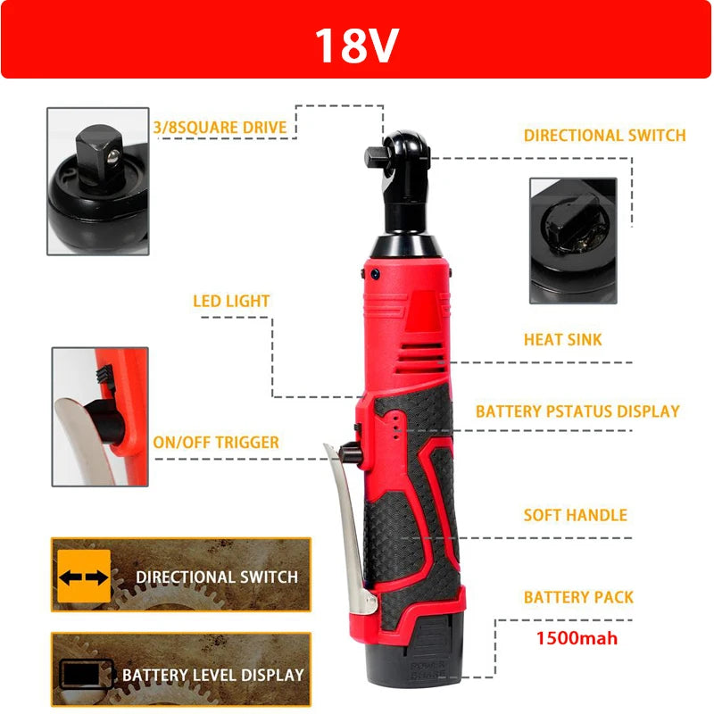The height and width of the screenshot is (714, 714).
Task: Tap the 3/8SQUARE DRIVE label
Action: pos(220,128)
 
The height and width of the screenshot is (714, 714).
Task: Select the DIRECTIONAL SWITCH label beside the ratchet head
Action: pos(604,136)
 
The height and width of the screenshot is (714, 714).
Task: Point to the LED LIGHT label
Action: pos(231,301)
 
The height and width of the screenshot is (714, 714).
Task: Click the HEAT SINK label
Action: pos(562,340)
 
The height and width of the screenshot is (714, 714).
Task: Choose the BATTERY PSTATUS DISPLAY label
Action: pos(577,411)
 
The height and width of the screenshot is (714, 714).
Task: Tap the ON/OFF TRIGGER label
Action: pos(216,443)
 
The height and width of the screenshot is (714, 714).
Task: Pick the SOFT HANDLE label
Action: pos(575,515)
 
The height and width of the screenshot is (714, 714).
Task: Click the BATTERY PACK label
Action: pos(578,597)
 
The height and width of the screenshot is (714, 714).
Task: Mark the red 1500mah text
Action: pos(577,638)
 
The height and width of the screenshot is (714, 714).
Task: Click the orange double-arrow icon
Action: pos(84,577)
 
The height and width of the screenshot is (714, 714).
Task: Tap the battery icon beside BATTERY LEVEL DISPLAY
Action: pos(86,674)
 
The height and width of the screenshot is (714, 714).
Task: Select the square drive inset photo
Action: pos(98,181)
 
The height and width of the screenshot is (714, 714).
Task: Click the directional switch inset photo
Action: pos(572,238)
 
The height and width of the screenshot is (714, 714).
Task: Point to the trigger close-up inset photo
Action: pos(99,416)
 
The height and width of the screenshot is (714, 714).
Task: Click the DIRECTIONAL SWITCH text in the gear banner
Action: pos(217,577)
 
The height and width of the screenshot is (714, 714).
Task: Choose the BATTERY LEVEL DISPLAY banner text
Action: pos(212,675)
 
